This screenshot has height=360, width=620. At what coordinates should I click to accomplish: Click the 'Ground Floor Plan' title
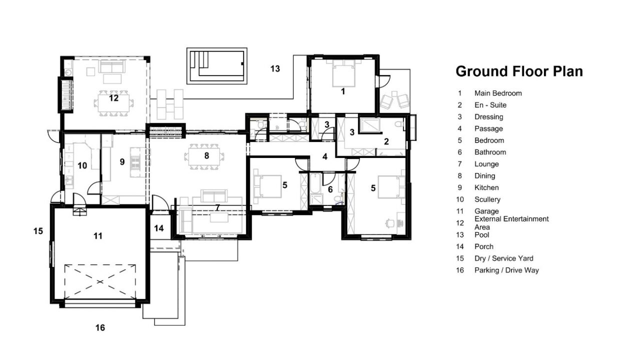(519, 71)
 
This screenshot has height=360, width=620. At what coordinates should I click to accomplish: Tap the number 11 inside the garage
(97, 236)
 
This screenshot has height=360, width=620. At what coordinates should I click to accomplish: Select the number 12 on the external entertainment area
(114, 98)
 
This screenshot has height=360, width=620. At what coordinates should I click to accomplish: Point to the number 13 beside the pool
(275, 68)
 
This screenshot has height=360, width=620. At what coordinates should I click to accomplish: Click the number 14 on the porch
(159, 228)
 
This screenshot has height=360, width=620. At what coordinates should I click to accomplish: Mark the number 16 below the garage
(100, 327)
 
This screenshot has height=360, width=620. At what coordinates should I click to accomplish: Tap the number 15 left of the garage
(38, 231)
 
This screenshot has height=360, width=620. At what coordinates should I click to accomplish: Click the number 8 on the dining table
(206, 156)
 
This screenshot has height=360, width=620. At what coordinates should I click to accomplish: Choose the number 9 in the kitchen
(122, 162)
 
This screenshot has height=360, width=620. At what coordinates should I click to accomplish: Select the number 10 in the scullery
(82, 165)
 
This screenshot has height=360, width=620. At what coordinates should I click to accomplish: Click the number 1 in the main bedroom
(343, 91)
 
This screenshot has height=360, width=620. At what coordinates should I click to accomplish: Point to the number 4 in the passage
(325, 156)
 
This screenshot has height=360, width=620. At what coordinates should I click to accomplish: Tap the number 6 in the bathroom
(330, 189)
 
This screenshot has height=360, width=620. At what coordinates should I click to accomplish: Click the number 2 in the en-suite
(386, 141)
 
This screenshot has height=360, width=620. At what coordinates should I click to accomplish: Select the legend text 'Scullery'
(487, 199)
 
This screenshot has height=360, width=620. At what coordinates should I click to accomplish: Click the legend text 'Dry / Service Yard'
(504, 258)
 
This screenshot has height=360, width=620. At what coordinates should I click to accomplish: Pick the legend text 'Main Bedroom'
(498, 93)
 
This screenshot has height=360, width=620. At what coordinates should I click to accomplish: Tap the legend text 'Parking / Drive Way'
(506, 270)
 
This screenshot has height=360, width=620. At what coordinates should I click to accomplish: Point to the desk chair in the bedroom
(389, 223)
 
